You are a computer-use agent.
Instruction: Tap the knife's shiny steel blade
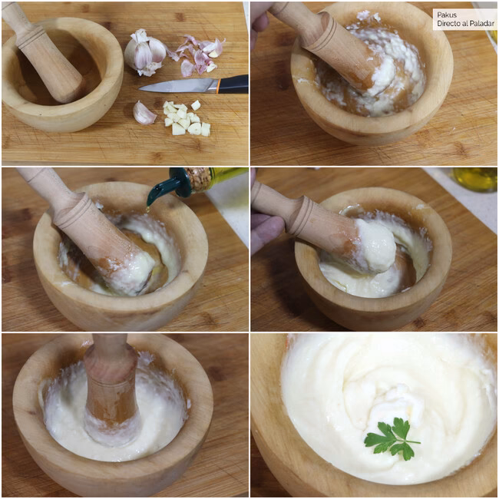coord(178,86)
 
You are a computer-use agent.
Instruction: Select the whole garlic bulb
coord(146,52)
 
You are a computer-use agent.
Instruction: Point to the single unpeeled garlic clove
coord(144,113)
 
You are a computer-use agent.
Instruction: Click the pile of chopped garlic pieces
coord(187,117)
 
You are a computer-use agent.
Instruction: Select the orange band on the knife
coord(219,85)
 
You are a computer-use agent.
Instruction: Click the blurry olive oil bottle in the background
coord(475,179)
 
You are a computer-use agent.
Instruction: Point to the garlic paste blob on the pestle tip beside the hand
coord(375,246)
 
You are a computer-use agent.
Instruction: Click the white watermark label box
coord(464,19)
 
